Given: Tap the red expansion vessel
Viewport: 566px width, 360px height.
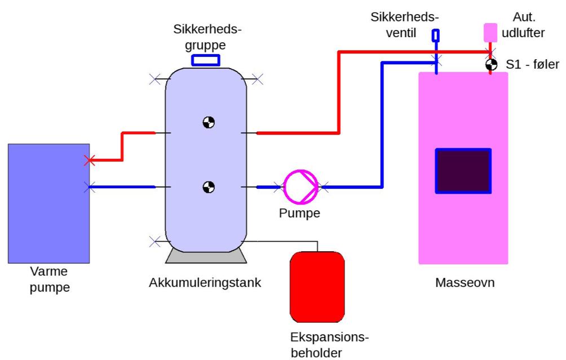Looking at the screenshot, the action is click(317, 287).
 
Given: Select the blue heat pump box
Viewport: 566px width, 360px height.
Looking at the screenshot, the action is click(48, 203).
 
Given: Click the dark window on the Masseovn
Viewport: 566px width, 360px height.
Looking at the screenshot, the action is click(463, 171).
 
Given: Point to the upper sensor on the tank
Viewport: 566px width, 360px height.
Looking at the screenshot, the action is click(209, 123).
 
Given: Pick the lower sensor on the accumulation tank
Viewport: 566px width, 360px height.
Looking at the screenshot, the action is click(209, 187).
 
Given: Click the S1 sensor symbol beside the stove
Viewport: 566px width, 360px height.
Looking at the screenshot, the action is click(491, 65).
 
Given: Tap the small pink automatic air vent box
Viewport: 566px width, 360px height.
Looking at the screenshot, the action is click(490, 33).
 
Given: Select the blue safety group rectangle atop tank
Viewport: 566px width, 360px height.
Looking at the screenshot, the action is click(205, 60).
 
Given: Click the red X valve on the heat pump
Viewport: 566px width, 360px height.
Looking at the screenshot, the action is click(90, 161).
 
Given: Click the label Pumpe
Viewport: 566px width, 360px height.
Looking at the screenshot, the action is click(299, 213).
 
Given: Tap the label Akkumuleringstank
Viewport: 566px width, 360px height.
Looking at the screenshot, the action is click(205, 283).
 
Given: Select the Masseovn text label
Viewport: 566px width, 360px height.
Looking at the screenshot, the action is click(465, 282).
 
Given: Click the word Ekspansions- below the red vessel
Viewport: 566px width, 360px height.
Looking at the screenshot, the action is click(330, 337).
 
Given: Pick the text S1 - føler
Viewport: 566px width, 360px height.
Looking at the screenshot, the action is click(532, 65).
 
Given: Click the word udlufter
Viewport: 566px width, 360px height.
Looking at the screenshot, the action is click(523, 33).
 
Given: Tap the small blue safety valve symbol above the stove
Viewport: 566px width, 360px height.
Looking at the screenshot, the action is click(436, 35).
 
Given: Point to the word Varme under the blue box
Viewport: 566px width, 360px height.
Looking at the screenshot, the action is click(48, 271).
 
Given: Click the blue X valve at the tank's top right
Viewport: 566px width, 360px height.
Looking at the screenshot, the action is click(258, 79).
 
